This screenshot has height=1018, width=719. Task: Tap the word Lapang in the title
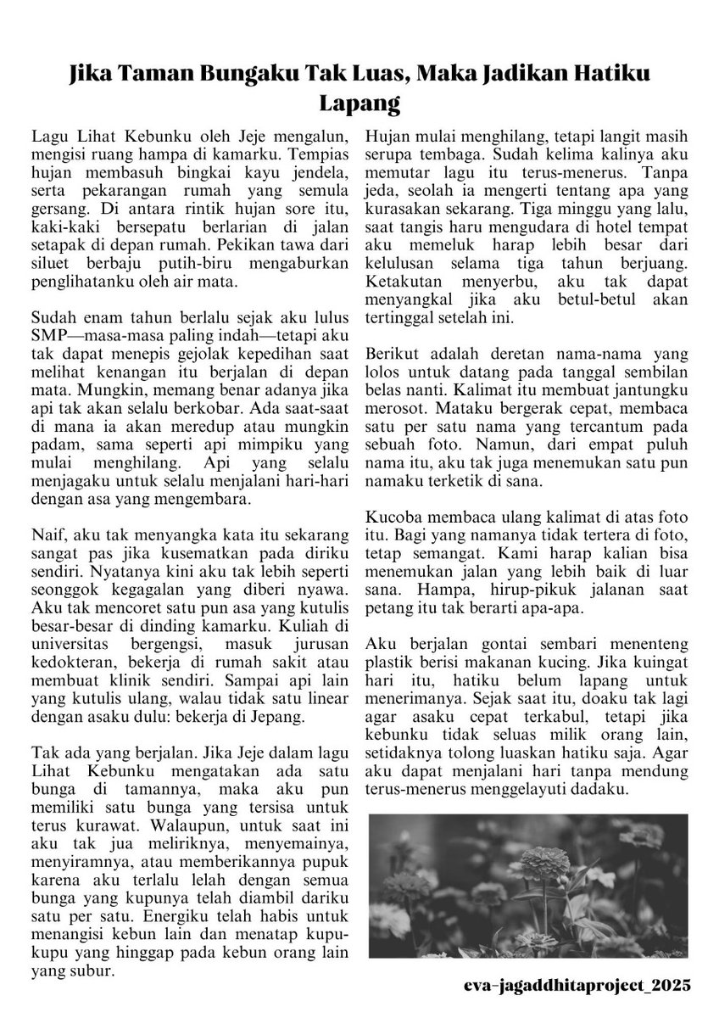click(x=359, y=105)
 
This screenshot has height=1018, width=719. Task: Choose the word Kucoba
click(x=392, y=517)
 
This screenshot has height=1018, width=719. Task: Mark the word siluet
click(x=50, y=264)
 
